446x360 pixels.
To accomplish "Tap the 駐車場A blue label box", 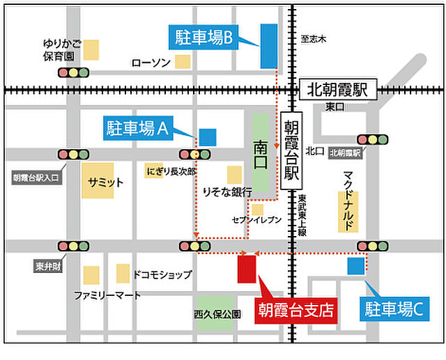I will pos(138,127).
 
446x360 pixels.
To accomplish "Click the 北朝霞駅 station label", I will pos(337,90).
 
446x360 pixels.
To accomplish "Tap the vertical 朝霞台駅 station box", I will pos(291,149).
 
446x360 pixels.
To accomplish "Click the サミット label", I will pos(105,182).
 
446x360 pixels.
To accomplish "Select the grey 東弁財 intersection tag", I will pos(48,266).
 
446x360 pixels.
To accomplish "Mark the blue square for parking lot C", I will pos(356,265).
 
